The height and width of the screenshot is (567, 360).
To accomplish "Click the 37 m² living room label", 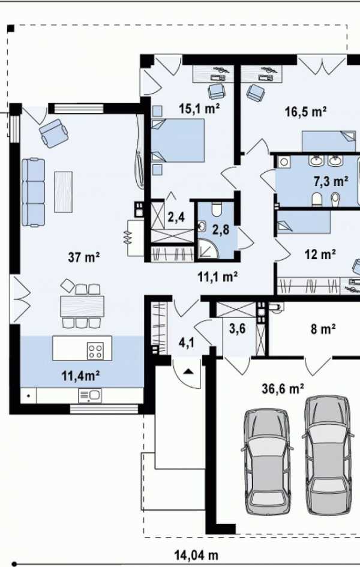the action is [83, 257].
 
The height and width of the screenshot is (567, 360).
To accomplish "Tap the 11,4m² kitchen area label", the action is [80, 376].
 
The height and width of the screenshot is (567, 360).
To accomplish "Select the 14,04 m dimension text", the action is [196, 554].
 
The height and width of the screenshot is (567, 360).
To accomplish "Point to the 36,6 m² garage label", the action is [283, 389].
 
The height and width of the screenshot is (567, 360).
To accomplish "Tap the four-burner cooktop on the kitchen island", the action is [95, 351].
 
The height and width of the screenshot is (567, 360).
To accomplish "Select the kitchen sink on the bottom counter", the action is [90, 395].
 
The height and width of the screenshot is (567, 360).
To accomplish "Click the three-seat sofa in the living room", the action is [33, 192].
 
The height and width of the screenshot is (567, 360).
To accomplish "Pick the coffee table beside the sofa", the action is [63, 191].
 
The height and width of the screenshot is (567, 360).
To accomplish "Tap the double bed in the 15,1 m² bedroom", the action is [178, 140].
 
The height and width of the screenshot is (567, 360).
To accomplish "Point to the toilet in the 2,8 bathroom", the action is [217, 209].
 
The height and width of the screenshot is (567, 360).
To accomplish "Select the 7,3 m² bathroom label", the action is [331, 181].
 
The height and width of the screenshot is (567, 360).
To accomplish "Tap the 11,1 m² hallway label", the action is [218, 277].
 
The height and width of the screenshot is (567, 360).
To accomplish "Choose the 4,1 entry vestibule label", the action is [187, 342].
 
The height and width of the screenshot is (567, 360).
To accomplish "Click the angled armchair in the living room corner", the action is [54, 133].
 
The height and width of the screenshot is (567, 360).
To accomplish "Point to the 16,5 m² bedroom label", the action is [306, 112].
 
